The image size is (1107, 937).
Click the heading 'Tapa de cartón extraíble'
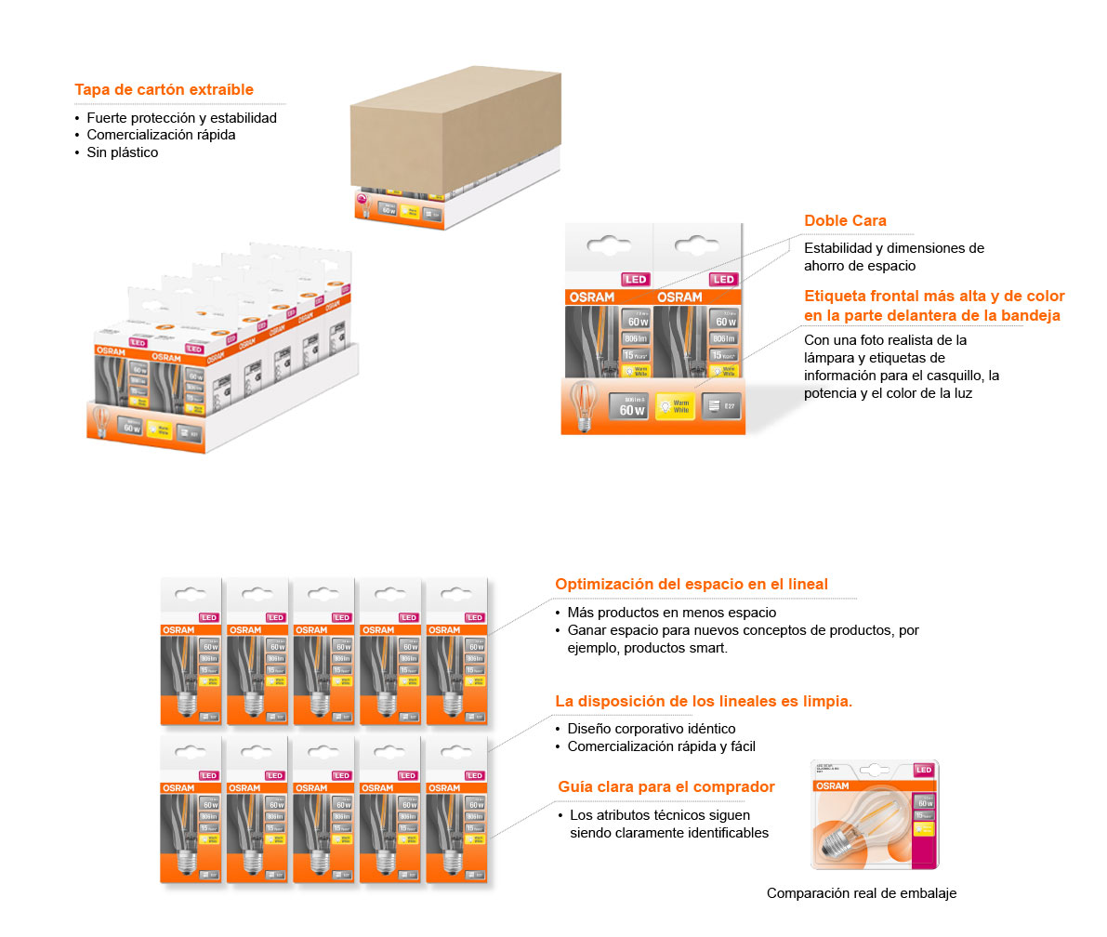tap(164, 90)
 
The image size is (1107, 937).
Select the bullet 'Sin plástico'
tap(123, 152)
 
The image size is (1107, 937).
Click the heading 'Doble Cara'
tap(845, 221)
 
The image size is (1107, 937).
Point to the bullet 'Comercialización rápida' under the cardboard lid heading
tap(161, 135)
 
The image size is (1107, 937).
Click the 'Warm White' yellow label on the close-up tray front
tap(675, 406)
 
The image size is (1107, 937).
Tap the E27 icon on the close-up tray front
tap(721, 406)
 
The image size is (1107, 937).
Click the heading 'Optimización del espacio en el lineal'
tap(692, 585)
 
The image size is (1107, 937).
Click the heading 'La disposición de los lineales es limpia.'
tap(704, 701)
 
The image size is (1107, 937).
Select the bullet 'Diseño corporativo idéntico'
tap(651, 729)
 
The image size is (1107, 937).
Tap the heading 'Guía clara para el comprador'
tap(666, 787)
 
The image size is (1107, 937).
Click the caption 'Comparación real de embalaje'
tap(861, 893)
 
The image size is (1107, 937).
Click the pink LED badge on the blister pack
tap(923, 770)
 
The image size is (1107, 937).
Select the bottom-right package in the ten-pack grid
tap(455, 809)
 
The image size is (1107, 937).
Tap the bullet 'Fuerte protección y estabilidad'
tap(181, 118)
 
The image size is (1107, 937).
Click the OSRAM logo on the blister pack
tap(833, 786)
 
